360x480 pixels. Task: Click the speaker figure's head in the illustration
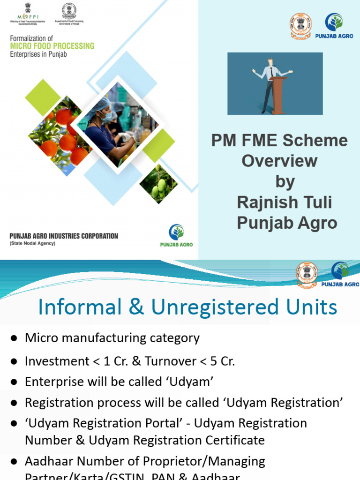(x=270, y=62)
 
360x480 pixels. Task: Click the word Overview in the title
(x=279, y=161)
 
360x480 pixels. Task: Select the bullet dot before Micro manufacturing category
(x=15, y=338)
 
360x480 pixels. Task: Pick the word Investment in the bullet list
(x=56, y=361)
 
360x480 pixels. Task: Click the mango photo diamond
(x=158, y=184)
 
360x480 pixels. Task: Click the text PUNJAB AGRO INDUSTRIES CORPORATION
(x=64, y=236)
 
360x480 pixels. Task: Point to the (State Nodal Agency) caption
(x=32, y=243)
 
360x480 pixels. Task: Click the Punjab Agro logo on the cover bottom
(x=176, y=235)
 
